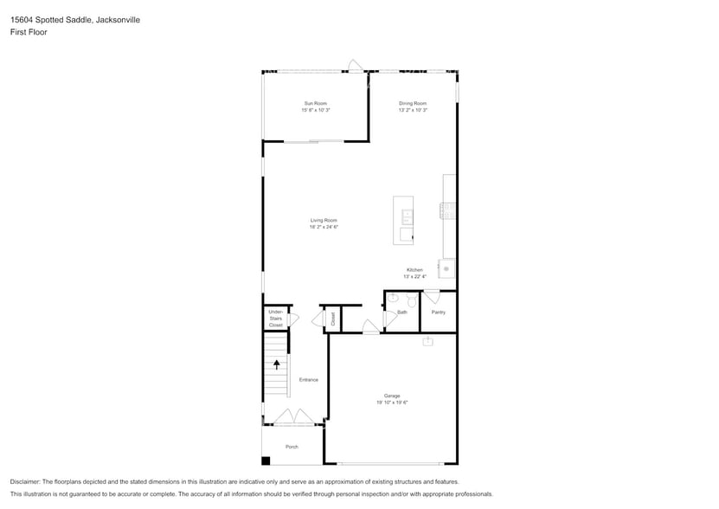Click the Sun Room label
click(x=316, y=103)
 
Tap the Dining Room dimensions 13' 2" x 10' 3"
click(x=413, y=110)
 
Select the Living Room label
click(x=324, y=220)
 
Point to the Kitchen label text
click(x=414, y=270)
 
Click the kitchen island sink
click(x=408, y=213)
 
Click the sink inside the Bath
click(x=392, y=298)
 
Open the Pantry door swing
click(x=431, y=297)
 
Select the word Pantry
click(x=438, y=312)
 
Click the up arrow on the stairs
click(x=276, y=364)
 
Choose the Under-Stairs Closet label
click(x=275, y=318)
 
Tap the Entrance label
click(x=308, y=380)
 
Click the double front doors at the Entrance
click(x=294, y=418)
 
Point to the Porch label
click(x=292, y=447)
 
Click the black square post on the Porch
click(x=266, y=461)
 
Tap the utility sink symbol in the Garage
click(x=427, y=341)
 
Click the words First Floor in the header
click(x=29, y=32)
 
